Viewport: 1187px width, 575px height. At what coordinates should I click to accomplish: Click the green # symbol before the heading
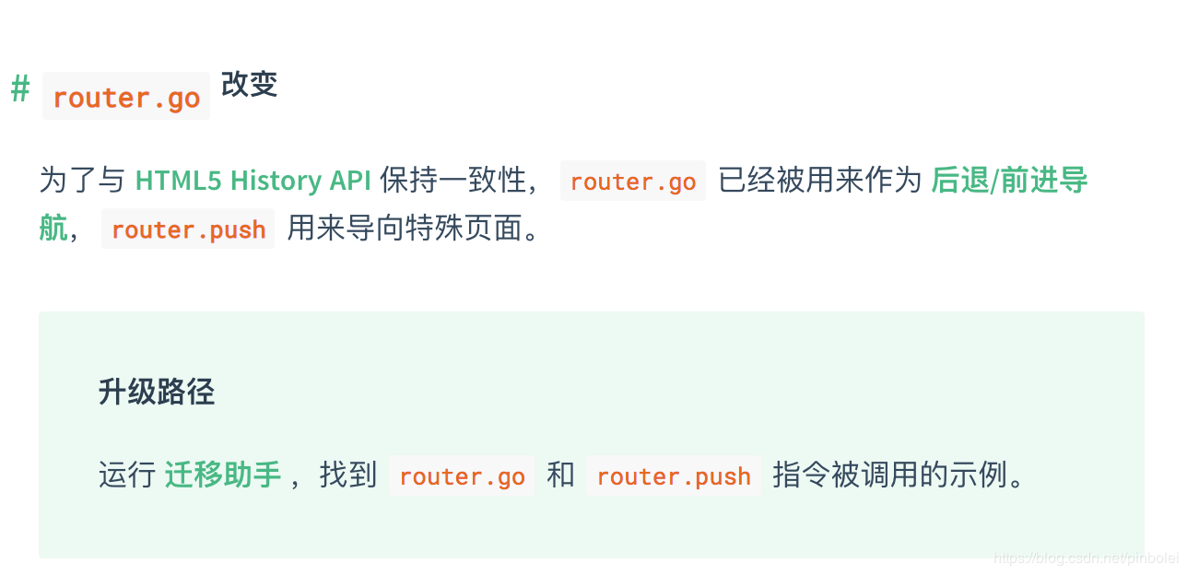[20, 91]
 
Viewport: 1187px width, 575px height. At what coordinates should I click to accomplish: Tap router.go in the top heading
[126, 98]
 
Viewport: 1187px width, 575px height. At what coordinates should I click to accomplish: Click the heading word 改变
[249, 86]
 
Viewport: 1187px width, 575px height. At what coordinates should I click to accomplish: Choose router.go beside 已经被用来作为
[632, 182]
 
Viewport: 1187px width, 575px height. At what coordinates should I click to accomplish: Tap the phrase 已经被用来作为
[820, 181]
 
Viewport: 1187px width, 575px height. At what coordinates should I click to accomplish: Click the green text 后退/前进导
[1009, 181]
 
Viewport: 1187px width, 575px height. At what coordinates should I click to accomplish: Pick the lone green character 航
[53, 229]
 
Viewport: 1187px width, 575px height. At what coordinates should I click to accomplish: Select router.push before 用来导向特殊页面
[188, 229]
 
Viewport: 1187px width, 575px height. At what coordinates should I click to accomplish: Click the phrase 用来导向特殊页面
[413, 229]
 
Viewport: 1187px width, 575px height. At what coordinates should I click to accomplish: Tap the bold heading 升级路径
[157, 393]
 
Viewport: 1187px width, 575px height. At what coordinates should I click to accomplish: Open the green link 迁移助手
[223, 475]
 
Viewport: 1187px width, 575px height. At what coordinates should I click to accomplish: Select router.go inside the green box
[462, 476]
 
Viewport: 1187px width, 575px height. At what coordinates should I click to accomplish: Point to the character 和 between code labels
[560, 475]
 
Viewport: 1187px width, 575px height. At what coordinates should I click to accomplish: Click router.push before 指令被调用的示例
[674, 476]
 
